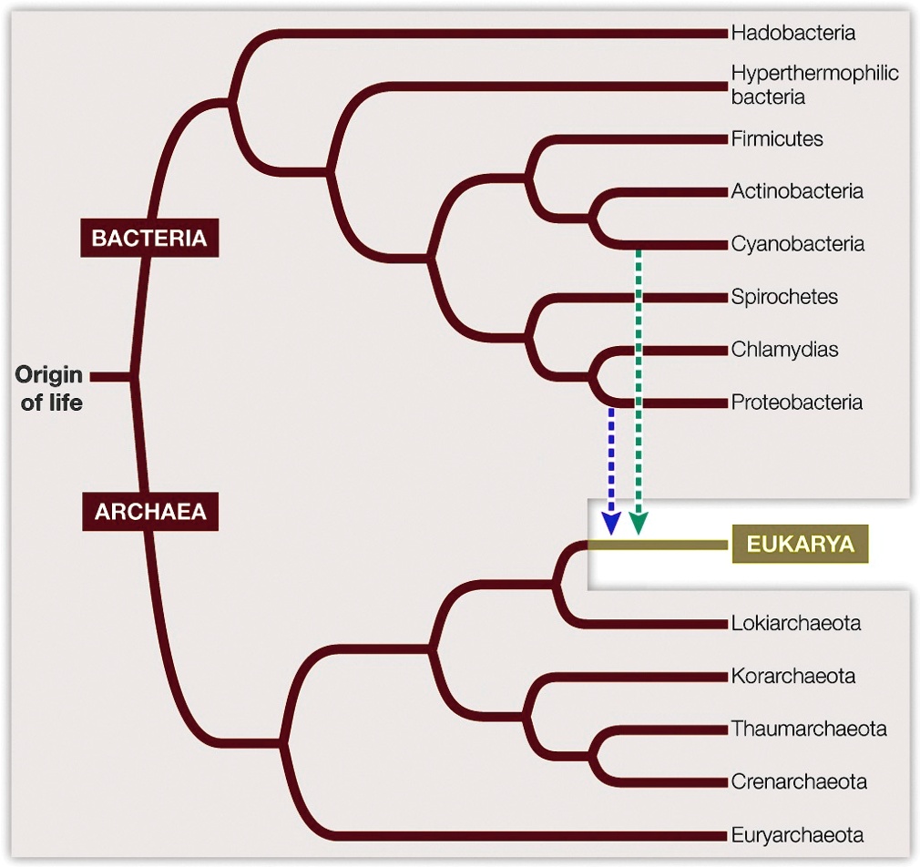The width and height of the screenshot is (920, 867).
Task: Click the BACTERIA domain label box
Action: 149,239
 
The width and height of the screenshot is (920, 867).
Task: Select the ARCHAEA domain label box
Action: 150,512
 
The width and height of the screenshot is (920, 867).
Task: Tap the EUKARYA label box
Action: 800,545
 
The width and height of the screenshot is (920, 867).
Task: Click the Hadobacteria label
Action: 792,34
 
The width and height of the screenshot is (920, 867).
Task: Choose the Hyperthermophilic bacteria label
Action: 813,84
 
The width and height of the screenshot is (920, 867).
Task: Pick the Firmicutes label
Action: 776,139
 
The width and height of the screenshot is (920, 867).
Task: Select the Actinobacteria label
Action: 796,192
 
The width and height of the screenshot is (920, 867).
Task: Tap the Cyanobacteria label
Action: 797,245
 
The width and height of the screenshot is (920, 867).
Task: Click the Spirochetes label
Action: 783,297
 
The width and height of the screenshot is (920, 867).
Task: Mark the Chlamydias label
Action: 783,350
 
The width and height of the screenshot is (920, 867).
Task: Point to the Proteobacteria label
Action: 796,403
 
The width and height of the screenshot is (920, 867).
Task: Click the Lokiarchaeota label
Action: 795,624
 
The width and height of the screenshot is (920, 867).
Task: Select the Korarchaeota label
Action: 792,677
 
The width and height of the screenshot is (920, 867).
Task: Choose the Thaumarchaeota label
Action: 808,729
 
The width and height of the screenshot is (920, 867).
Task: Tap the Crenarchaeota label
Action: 798,782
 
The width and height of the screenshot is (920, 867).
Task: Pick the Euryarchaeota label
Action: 797,835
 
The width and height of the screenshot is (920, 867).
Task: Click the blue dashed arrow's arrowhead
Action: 611,524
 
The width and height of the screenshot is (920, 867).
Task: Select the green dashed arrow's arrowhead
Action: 639,524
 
